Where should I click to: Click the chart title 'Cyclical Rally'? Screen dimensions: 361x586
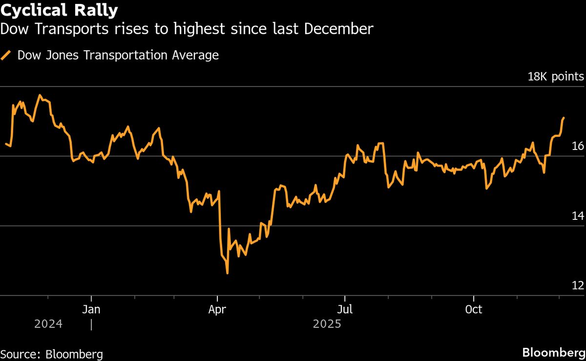coord(59,9)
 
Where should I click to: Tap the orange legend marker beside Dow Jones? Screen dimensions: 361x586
coord(7,55)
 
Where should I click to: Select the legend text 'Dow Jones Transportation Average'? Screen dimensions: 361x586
coord(118,55)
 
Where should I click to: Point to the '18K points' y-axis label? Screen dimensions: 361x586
coord(555,77)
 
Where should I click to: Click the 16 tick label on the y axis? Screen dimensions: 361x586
coord(578,146)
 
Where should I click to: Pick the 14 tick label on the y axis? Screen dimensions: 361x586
coord(578,216)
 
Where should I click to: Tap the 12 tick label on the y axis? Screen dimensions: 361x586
coord(578,286)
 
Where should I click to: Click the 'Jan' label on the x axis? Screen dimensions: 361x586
coord(91,310)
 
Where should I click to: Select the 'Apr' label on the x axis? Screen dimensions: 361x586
coord(217,310)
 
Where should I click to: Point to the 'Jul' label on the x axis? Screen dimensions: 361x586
coord(345,310)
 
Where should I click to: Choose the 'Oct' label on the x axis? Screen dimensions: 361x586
coord(474,310)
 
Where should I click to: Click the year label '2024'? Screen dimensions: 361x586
coord(48,324)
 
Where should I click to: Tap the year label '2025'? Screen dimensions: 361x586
coord(327,324)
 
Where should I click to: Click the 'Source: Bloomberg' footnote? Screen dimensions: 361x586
coord(51,354)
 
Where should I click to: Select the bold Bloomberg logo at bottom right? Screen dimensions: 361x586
coord(553,353)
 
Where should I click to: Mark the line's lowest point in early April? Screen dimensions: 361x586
coord(227,273)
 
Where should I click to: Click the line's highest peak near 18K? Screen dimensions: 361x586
coord(40,95)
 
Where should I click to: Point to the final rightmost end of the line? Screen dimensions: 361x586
coord(564,118)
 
